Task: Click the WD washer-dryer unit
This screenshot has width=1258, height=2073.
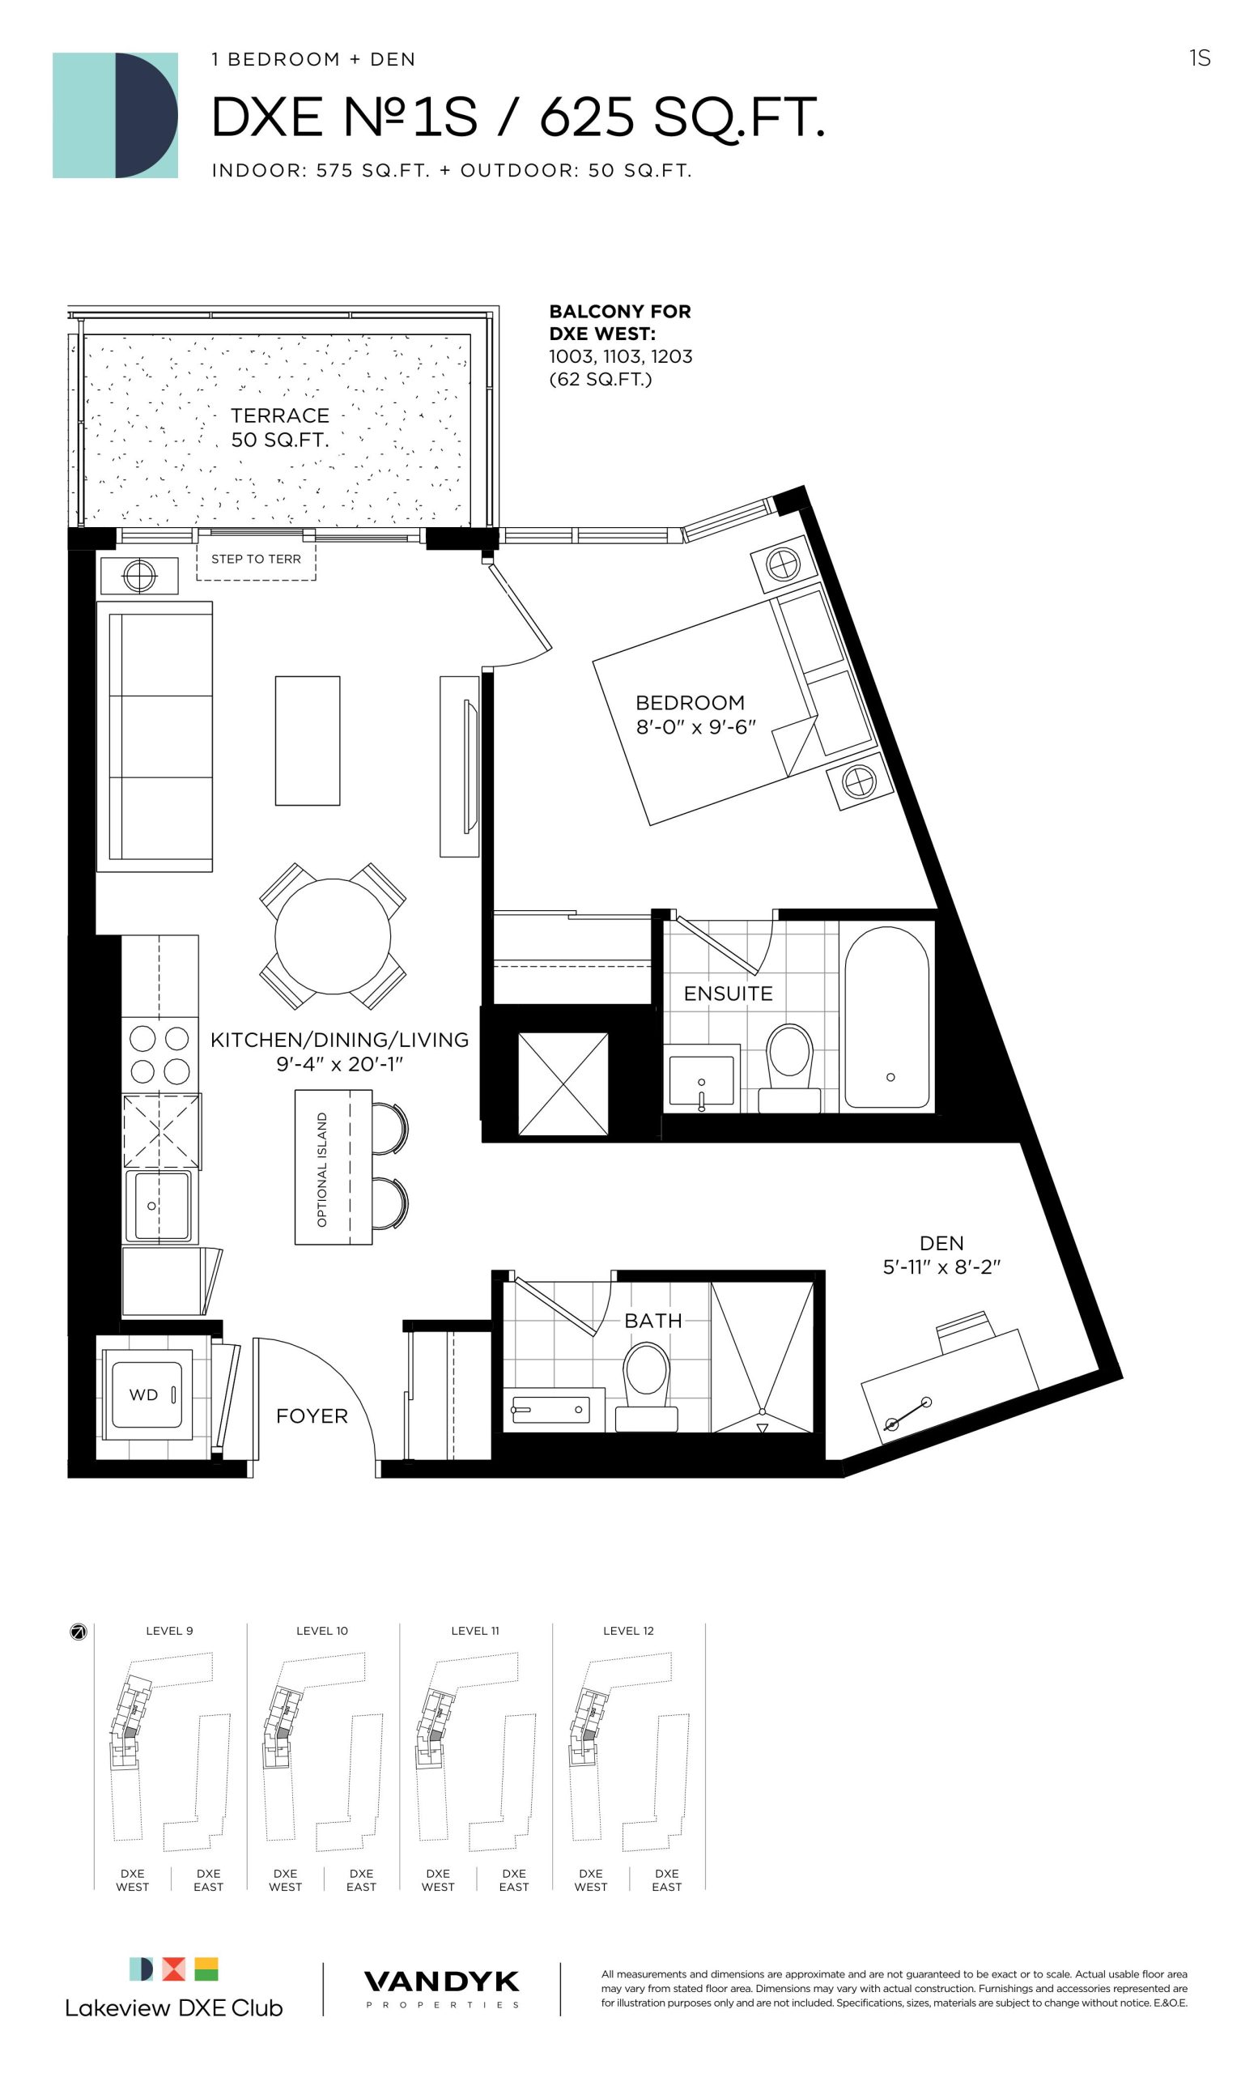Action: [143, 1394]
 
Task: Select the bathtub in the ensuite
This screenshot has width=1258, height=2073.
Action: [886, 1017]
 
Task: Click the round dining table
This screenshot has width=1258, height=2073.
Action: [332, 935]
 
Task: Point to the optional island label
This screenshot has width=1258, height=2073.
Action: [322, 1169]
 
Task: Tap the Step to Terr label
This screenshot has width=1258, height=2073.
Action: [256, 559]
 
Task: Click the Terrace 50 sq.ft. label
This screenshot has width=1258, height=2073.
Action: [279, 428]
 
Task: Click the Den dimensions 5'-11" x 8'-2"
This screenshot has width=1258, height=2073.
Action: [941, 1267]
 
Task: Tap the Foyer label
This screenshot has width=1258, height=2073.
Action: [312, 1416]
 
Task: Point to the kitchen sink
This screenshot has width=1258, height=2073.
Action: [158, 1206]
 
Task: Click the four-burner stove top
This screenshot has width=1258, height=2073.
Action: [159, 1055]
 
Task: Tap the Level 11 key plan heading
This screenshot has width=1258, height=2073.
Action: [474, 1631]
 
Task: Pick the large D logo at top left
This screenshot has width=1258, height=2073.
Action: [115, 115]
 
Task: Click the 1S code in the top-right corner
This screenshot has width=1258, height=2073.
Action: [1199, 58]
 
